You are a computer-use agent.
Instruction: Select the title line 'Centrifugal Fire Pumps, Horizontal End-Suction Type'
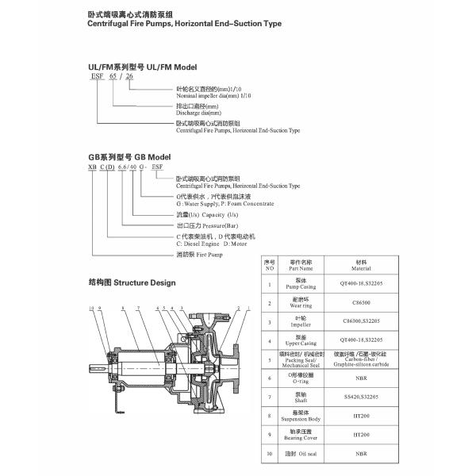[x=184, y=24]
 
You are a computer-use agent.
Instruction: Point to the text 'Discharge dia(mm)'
[x=198, y=113]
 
